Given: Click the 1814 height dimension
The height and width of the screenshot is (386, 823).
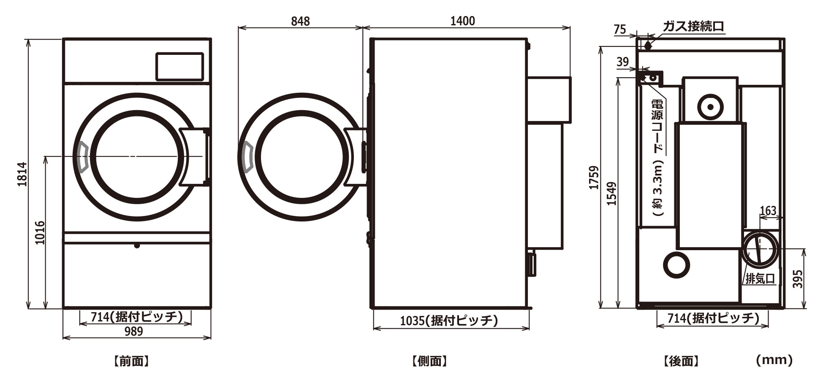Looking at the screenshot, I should coord(22,174).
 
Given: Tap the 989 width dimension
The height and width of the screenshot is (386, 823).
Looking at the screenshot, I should coord(133,332).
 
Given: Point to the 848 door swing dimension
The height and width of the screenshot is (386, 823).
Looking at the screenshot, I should coord(300,21).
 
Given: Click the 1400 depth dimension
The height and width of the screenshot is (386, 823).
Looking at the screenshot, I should coord(462,21).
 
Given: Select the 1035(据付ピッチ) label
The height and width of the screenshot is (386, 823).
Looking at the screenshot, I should coord(449,321).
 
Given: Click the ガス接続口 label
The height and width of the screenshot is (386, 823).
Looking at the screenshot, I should coord(693,27).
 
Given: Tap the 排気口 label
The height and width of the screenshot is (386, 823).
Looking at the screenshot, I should coord(760,279).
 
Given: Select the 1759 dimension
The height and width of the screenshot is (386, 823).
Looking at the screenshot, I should coord(594,178).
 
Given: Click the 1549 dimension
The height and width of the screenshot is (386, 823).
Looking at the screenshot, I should coord(611,194).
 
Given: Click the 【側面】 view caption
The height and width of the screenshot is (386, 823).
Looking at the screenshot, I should coord(429,361).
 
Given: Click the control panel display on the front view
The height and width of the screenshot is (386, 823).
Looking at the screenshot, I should coord(179,66).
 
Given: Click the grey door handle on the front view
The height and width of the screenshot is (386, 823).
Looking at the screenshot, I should coord(82,157).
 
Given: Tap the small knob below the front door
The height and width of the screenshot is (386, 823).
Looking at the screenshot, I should coord(136,246).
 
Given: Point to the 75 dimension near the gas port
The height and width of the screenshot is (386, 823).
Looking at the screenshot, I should coord(620,29).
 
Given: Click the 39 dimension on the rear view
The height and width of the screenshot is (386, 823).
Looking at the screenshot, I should coord(622,62).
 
